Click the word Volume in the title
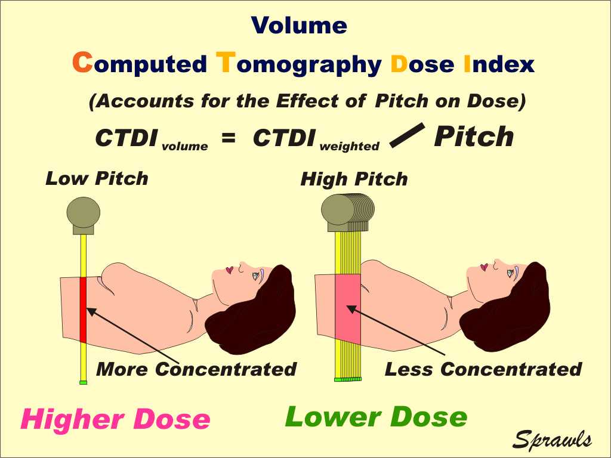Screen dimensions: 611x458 [x=300, y=26]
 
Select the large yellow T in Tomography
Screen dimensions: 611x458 [x=226, y=62]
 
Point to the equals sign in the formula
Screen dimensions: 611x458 [x=229, y=138]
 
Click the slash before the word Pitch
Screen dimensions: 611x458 [x=407, y=135]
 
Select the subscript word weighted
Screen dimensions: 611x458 [x=349, y=147]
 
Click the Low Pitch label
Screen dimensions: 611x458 [x=97, y=178]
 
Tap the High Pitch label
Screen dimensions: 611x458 [x=354, y=179]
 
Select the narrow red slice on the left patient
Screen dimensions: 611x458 [x=83, y=310]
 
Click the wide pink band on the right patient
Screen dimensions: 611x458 [x=348, y=308]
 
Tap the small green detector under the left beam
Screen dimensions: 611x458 [x=83, y=382]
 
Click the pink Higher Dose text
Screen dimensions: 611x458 [x=115, y=419]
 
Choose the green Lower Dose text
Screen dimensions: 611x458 [x=376, y=417]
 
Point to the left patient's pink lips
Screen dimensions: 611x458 [x=230, y=270]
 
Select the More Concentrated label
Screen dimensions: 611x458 [x=196, y=369]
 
